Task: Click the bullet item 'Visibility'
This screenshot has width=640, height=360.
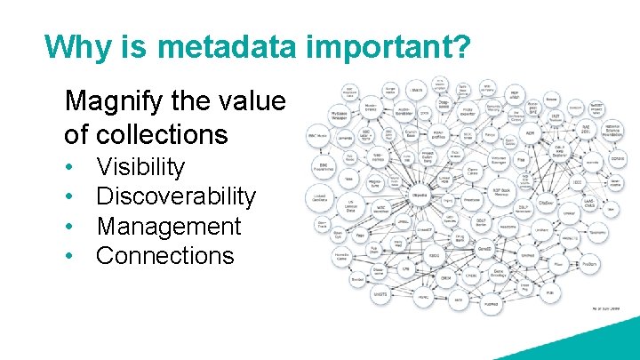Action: [140, 167]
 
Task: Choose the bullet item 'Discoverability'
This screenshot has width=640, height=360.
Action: [175, 196]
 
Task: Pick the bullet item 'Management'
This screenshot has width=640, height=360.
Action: [168, 226]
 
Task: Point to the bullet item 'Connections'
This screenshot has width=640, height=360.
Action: [164, 256]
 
